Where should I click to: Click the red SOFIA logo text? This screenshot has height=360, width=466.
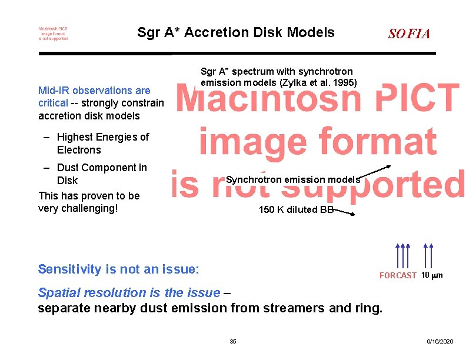[409, 34]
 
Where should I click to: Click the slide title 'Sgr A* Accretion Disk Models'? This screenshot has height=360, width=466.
[235, 32]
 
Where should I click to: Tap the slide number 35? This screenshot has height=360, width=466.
[233, 342]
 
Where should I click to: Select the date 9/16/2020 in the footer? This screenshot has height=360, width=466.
[440, 342]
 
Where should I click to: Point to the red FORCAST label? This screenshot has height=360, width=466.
[398, 275]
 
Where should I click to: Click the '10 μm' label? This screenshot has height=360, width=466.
[432, 275]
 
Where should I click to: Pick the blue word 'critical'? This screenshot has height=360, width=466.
[53, 103]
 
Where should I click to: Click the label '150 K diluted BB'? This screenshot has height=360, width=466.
[296, 210]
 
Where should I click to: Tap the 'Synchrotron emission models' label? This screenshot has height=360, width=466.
[292, 179]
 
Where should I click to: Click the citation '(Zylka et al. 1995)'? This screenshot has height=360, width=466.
[317, 83]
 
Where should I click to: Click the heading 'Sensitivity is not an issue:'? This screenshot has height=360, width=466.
[118, 269]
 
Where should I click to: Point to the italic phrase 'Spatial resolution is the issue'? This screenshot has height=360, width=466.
[128, 292]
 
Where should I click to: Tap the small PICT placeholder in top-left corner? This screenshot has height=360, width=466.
[53, 34]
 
